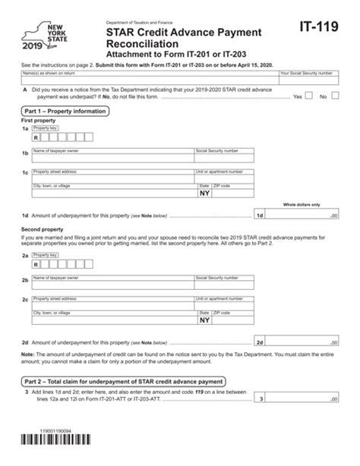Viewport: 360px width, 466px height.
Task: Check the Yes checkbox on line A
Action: (x=308, y=96)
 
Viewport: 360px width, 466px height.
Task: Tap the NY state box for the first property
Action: (x=204, y=194)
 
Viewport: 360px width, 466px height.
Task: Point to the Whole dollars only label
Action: (x=302, y=204)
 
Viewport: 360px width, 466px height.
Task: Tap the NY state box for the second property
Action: (x=204, y=320)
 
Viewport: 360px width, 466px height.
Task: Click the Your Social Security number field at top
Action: (x=308, y=77)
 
